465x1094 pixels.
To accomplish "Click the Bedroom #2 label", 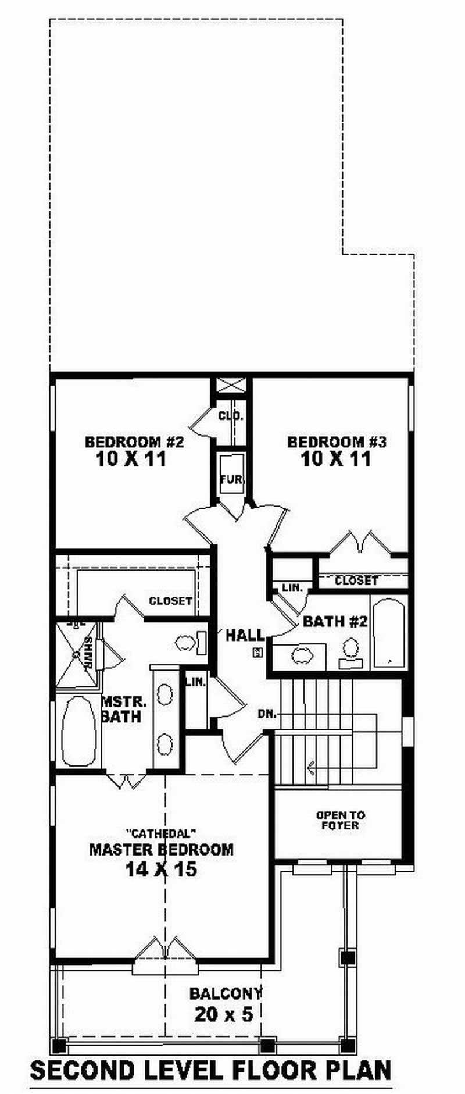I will (134, 442).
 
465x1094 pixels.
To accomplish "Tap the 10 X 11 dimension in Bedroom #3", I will (336, 459).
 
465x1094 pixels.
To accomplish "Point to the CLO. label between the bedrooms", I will (231, 416).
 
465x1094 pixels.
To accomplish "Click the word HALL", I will (244, 635).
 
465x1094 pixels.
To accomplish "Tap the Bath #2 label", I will (335, 621).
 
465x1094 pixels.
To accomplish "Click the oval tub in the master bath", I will (78, 731).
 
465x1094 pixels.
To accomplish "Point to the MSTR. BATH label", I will (121, 708).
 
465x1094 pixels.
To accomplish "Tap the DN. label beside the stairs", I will (267, 714).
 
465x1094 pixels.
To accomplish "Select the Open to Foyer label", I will (341, 820).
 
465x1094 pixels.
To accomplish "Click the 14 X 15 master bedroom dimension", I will (161, 870).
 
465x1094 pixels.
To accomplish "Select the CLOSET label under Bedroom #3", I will (356, 580).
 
